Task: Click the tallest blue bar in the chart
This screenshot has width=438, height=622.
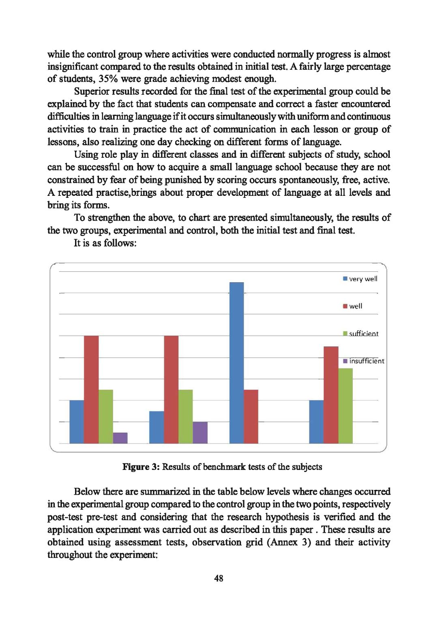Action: pyautogui.click(x=236, y=362)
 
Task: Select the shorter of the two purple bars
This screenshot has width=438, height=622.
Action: pyautogui.click(x=120, y=438)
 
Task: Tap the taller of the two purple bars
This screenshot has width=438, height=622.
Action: pyautogui.click(x=200, y=433)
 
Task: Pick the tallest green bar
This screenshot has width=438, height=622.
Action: pyautogui.click(x=345, y=405)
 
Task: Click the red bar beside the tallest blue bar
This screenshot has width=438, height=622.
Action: pyautogui.click(x=251, y=416)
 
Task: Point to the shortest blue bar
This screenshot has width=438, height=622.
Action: pyautogui.click(x=157, y=427)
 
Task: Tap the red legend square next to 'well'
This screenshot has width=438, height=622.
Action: pyautogui.click(x=345, y=306)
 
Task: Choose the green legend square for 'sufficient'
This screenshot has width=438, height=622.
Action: pyautogui.click(x=345, y=334)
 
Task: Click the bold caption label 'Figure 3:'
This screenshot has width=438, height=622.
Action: pyautogui.click(x=141, y=467)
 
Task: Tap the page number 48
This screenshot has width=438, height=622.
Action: pyautogui.click(x=219, y=578)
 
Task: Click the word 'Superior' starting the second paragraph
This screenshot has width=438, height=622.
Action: pyautogui.click(x=91, y=91)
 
